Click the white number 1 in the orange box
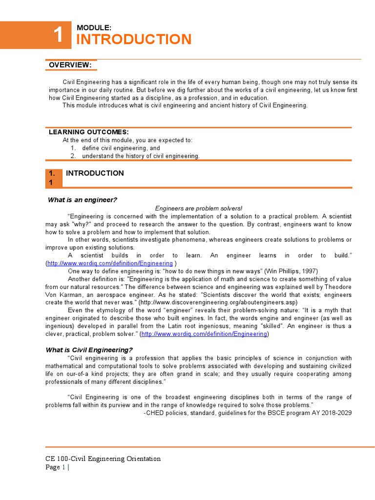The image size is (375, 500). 58,35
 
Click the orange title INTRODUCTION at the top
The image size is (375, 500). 134,40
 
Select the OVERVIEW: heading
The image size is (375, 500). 70,65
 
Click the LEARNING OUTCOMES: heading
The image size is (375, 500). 89,132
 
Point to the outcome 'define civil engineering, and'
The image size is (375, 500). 121,148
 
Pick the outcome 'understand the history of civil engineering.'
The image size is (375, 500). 141,156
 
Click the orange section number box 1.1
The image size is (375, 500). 54,178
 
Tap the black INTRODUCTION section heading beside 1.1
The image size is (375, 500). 95,173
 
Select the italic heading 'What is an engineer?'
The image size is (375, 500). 82,200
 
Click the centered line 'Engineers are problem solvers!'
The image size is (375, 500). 198,208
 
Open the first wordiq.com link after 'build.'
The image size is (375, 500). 110,263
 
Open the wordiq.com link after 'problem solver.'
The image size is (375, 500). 204,334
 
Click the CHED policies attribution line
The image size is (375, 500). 248,413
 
